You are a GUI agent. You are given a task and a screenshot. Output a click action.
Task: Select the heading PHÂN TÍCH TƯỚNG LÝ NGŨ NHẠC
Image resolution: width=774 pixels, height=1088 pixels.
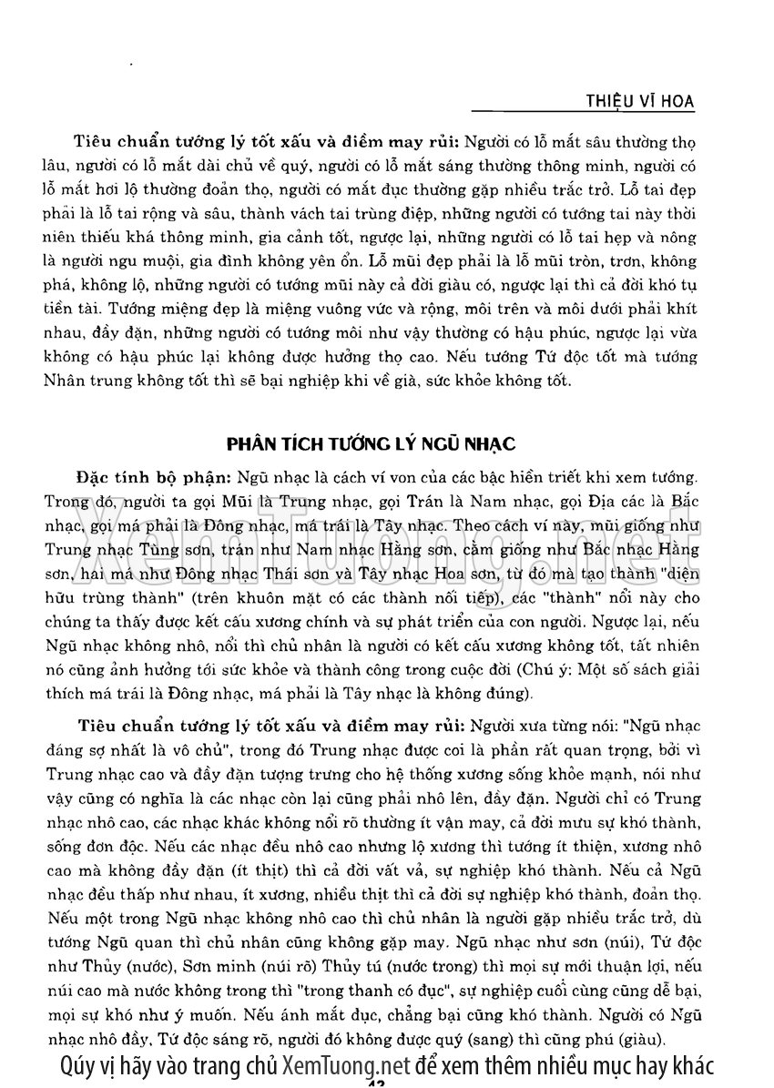pyautogui.click(x=371, y=444)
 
